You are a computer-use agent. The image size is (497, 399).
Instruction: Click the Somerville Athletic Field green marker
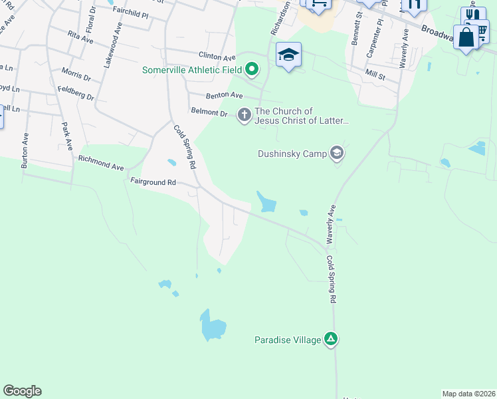click(252, 68)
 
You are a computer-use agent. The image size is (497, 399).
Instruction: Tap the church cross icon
click(245, 116)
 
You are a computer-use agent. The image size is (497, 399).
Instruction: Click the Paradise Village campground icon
click(331, 340)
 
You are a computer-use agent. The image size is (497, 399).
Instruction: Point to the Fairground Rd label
click(153, 181)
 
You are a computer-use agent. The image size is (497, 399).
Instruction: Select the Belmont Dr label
click(209, 112)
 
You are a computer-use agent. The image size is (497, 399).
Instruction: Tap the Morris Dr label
click(76, 74)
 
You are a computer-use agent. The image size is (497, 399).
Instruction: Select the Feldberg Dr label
click(76, 92)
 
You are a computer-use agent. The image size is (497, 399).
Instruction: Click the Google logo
click(22, 391)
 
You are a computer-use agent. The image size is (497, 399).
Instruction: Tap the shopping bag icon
click(466, 37)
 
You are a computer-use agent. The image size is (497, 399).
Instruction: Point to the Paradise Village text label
click(287, 340)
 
